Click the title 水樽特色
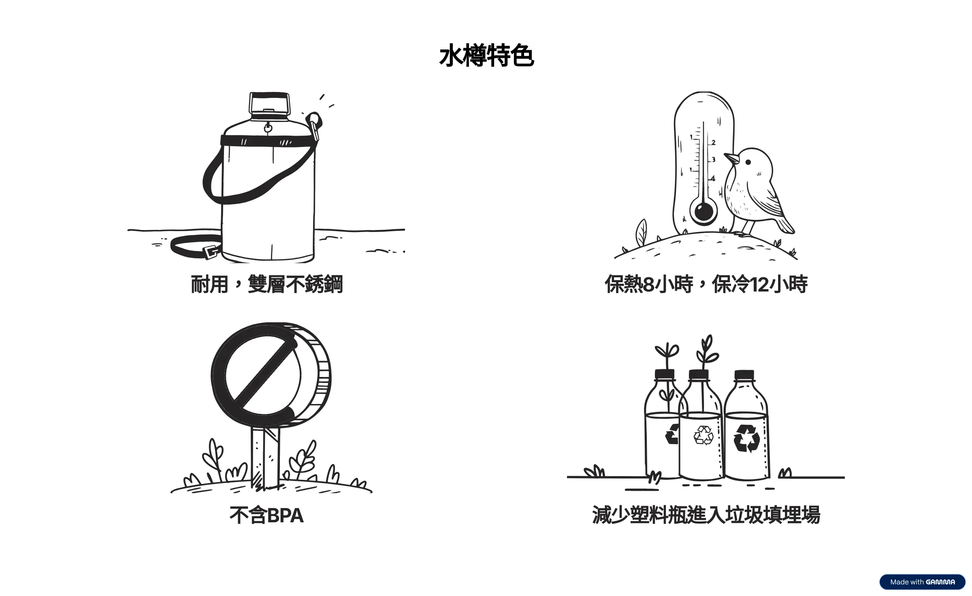point(486,56)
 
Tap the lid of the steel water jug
point(270,104)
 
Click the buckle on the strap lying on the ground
point(211,253)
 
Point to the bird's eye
point(748,162)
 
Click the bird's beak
point(730,158)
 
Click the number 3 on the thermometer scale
point(713,160)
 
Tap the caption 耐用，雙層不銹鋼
point(267,284)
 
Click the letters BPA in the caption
point(285,515)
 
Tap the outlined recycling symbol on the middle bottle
point(703,436)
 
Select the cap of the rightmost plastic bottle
point(744,374)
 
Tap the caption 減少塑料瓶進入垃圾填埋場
point(706,515)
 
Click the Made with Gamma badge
point(922,582)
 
